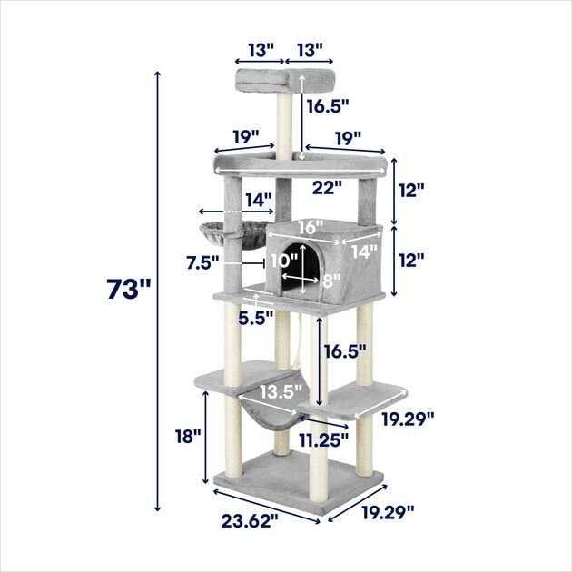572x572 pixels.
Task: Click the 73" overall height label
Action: pos(128,290)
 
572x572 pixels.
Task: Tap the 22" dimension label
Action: pos(326,188)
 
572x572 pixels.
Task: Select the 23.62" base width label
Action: pos(249,520)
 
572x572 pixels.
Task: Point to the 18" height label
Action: pos(187,436)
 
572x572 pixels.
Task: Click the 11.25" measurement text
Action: pos(323,441)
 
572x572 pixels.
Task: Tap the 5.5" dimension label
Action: pos(257,318)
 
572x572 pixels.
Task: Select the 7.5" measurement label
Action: pos(202,262)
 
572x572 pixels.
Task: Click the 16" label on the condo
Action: pos(309,226)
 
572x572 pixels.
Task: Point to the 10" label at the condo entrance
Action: pos(282,260)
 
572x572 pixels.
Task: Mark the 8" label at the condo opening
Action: pos(330,281)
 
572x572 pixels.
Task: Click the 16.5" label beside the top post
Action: pos(328,106)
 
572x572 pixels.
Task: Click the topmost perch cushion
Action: pos(284,79)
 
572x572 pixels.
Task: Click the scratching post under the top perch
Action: pos(284,123)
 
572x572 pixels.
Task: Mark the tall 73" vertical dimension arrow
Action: pos(159,291)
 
